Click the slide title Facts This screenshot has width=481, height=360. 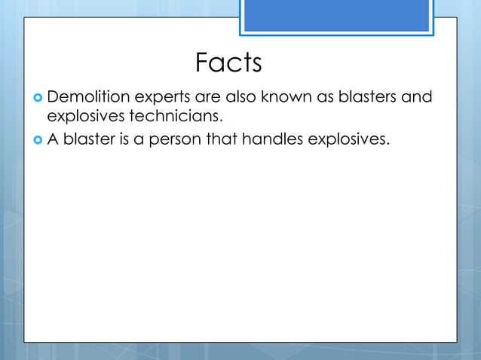tap(228, 63)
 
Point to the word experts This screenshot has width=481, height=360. tap(163, 98)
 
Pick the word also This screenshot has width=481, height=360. tap(240, 97)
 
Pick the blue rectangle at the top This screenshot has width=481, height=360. tap(337, 16)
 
